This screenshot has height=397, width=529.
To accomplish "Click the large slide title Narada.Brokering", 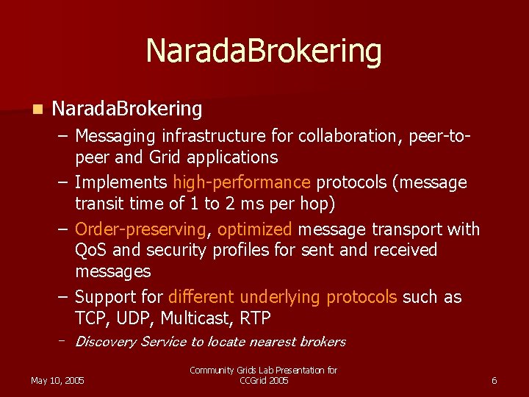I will (264, 51).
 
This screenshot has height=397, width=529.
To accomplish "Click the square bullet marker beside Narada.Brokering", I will (37, 110).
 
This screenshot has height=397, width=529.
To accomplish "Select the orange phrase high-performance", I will (242, 182).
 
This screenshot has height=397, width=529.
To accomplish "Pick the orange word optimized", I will (254, 229).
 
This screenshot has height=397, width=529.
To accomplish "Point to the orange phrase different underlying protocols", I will (283, 297).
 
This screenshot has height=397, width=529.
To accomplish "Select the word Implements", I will (121, 182).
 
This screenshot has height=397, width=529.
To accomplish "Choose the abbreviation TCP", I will (91, 318).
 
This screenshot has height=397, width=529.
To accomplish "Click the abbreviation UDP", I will (137, 318).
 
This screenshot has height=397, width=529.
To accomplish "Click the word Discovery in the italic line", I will (106, 341).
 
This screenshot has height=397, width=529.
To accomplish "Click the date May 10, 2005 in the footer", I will (57, 380).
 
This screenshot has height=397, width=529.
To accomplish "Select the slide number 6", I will (494, 380).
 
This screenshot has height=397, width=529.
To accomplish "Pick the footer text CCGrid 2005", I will (264, 380).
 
